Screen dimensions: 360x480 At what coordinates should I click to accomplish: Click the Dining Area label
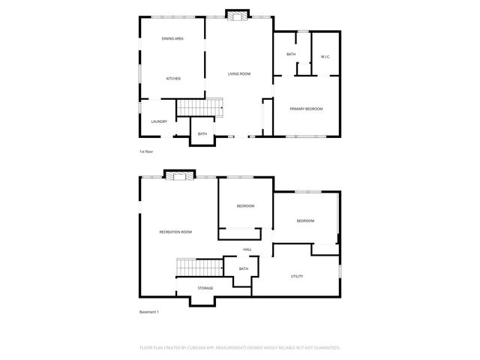(173, 38)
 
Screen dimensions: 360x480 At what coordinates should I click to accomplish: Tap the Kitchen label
(173, 79)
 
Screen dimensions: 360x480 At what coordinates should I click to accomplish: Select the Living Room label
(239, 73)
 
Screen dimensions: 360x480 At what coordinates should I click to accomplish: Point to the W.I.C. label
(325, 57)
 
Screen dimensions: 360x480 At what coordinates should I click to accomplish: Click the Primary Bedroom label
(306, 109)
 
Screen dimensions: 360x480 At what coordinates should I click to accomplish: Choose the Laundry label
(158, 121)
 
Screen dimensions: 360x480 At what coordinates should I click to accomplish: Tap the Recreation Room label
(175, 232)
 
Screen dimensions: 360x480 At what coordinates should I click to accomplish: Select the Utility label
(297, 277)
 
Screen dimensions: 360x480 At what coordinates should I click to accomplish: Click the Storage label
(205, 288)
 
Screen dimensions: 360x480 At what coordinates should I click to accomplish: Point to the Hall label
(247, 250)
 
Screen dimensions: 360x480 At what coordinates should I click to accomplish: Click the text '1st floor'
(146, 152)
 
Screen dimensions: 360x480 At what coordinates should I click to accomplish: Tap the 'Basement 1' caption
(149, 312)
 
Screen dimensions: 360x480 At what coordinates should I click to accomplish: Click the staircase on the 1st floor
(200, 109)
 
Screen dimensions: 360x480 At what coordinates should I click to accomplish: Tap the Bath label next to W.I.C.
(291, 55)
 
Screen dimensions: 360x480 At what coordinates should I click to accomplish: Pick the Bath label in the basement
(244, 268)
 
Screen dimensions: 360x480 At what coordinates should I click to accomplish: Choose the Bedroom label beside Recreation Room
(246, 206)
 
